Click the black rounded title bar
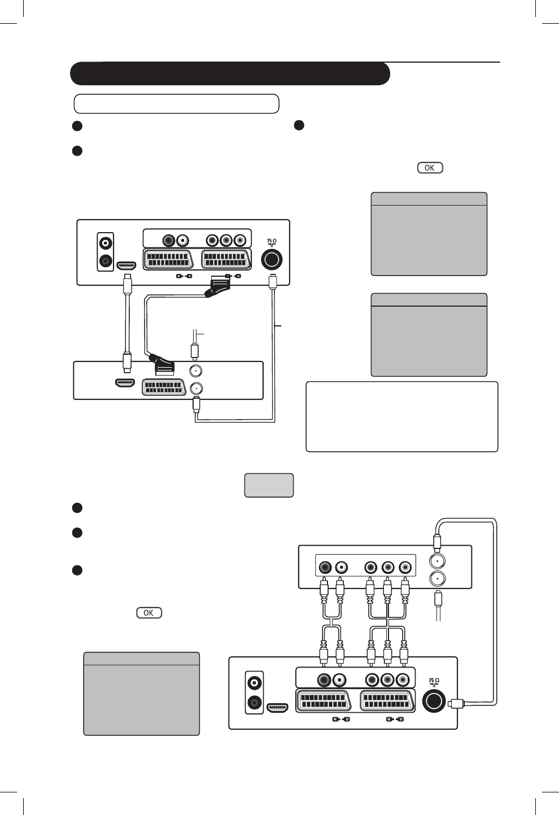pyautogui.click(x=230, y=73)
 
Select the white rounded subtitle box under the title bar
pyautogui.click(x=177, y=104)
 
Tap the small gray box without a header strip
pyautogui.click(x=269, y=485)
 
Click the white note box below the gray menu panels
pyautogui.click(x=401, y=417)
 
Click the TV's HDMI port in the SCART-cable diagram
pyautogui.click(x=125, y=265)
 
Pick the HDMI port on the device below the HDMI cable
pyautogui.click(x=125, y=383)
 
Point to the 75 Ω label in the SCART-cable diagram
pyautogui.click(x=272, y=242)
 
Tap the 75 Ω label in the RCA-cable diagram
pyautogui.click(x=434, y=682)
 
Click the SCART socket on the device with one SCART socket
pyautogui.click(x=164, y=388)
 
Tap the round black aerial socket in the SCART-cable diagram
pyautogui.click(x=272, y=260)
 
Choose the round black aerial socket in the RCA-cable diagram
pyautogui.click(x=434, y=700)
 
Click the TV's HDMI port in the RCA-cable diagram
pyautogui.click(x=277, y=707)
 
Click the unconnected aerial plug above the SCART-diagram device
pyautogui.click(x=195, y=350)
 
